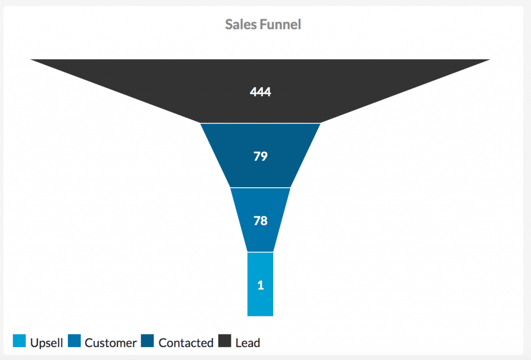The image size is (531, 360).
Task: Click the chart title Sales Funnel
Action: (263, 24)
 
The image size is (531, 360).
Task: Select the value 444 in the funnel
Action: (260, 92)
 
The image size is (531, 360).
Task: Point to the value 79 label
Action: (260, 156)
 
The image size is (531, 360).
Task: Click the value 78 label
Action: (260, 220)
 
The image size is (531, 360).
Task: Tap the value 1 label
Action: (260, 285)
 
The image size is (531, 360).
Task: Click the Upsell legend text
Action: (47, 343)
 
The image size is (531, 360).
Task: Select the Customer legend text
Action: (110, 343)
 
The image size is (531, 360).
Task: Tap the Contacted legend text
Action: (186, 343)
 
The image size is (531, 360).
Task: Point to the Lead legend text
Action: (247, 343)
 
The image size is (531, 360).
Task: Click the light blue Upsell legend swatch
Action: (19, 341)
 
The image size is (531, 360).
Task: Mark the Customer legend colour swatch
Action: (74, 341)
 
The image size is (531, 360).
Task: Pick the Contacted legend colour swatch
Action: (147, 341)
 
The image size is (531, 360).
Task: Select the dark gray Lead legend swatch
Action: (225, 341)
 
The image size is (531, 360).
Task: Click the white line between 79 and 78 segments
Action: (260, 187)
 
